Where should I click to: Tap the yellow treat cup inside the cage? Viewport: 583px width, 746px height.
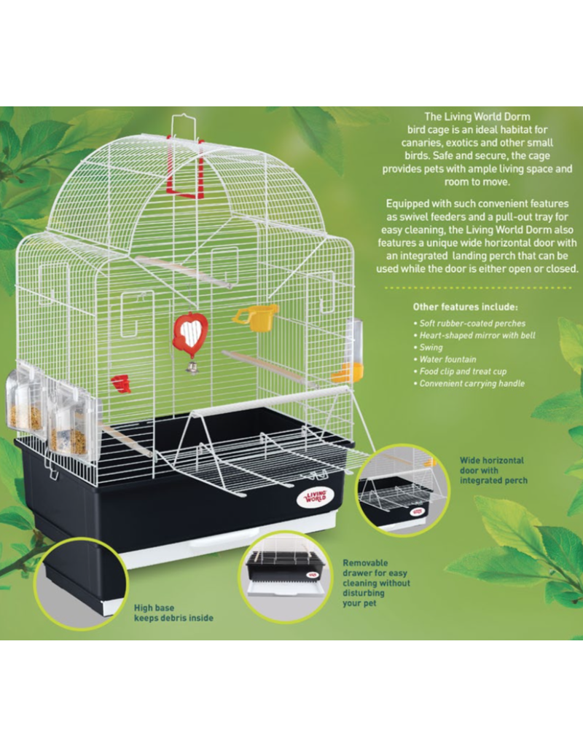coord(257,318)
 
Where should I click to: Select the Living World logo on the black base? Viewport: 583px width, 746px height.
coord(315,497)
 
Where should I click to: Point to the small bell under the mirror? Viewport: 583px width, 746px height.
coord(192,367)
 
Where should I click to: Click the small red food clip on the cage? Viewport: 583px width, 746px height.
coord(121,384)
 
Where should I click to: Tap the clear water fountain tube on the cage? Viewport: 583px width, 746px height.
coord(352,350)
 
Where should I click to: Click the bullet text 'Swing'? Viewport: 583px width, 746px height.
coord(431,348)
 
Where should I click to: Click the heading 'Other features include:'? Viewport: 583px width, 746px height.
coord(465,307)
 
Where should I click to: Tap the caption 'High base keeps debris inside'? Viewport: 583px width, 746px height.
coord(173,613)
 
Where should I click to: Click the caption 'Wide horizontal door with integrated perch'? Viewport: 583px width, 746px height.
coord(493,471)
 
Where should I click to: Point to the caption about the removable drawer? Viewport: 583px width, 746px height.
coord(376,583)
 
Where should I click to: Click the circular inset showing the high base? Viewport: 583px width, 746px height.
coord(82,584)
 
